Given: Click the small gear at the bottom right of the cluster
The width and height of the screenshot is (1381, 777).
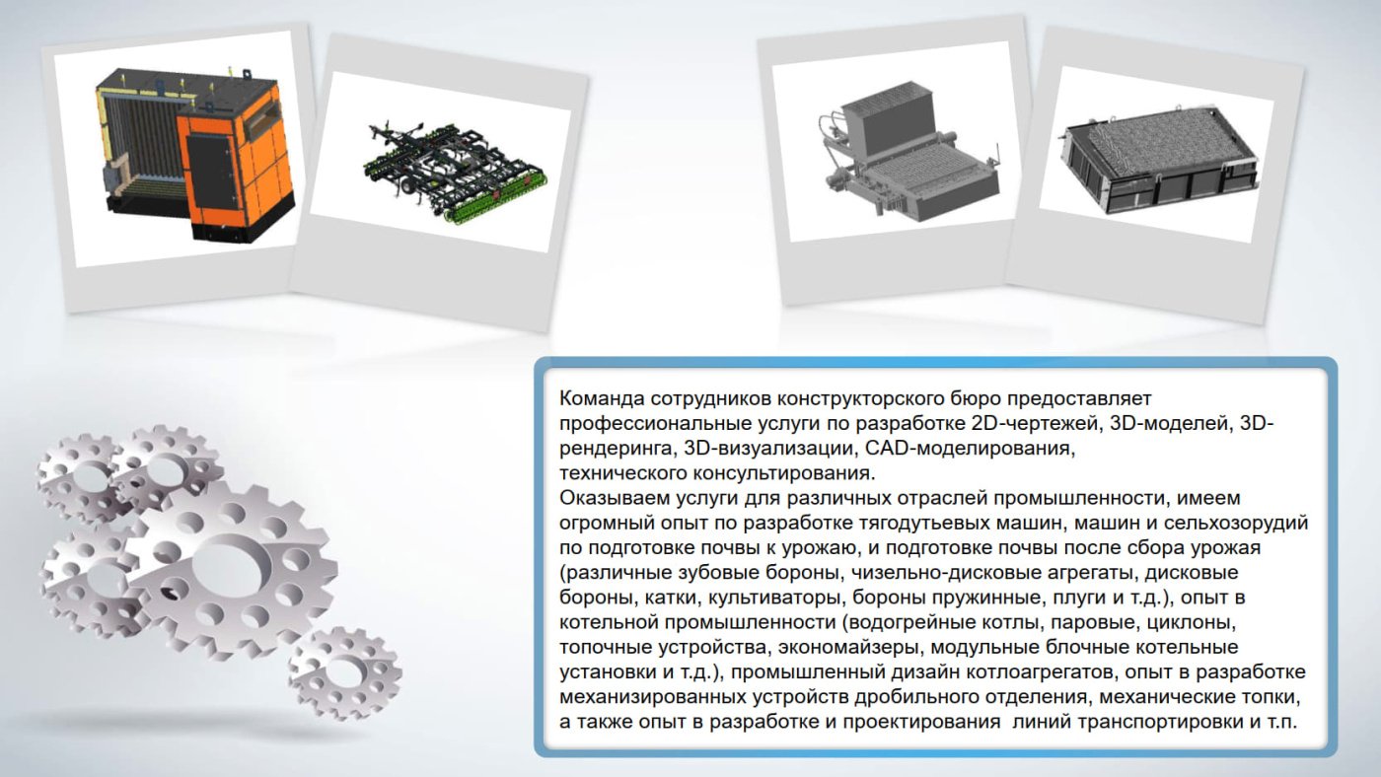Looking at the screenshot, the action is [345, 672].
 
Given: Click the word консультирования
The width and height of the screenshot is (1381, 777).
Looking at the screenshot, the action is [784, 474].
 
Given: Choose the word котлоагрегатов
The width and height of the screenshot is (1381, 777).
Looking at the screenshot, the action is [1047, 672].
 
